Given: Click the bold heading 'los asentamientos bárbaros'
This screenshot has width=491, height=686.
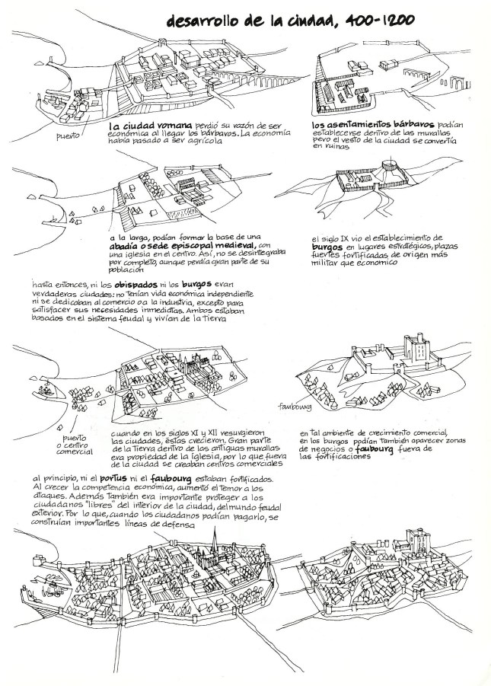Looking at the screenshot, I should (366, 125).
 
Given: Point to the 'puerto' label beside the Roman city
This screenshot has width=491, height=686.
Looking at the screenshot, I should (69, 137).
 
